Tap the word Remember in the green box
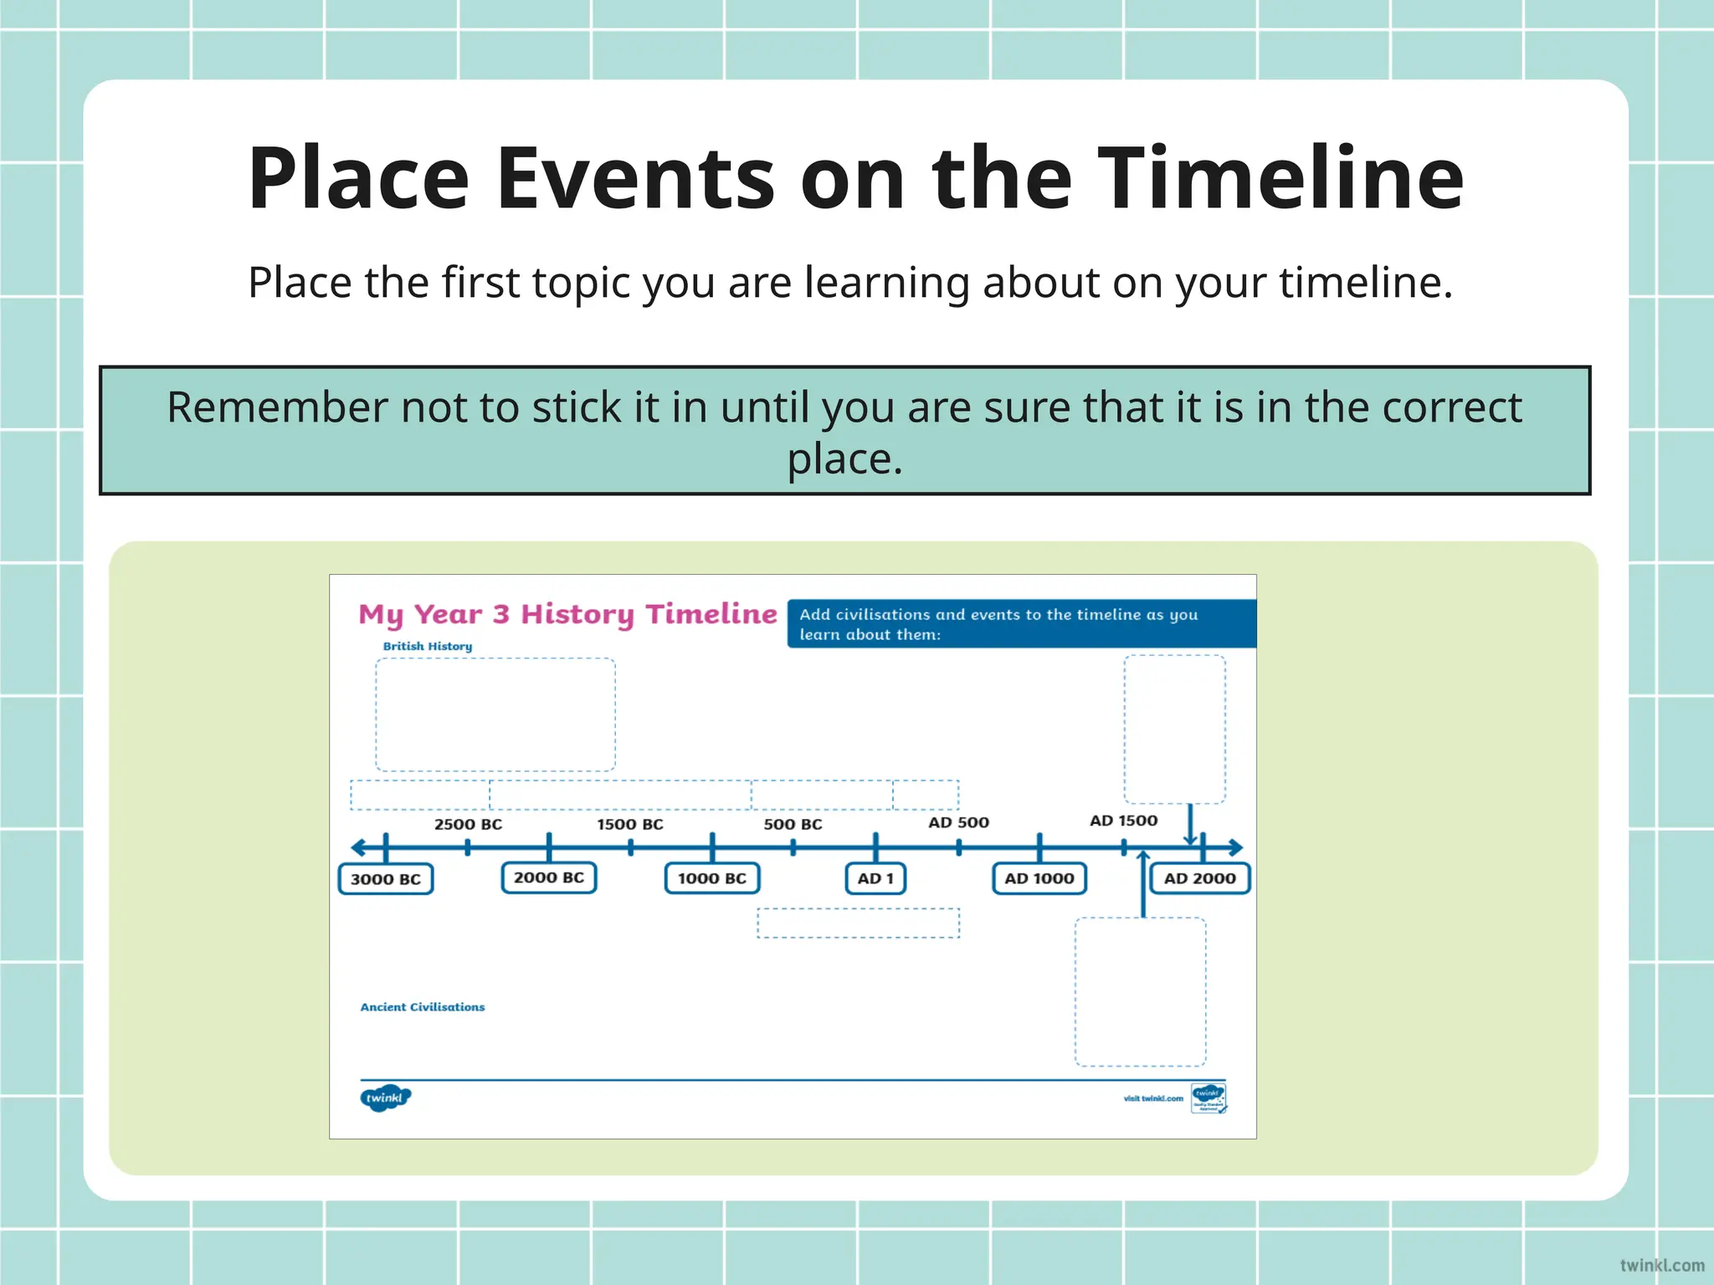277,407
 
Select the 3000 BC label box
386,879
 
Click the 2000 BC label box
549,878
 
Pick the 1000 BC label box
712,878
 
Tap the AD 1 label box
875,878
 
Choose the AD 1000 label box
1039,878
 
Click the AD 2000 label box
1199,878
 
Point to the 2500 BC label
468,824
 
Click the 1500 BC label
630,824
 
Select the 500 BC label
793,824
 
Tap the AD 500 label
958,822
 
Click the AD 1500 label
1123,821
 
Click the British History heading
428,646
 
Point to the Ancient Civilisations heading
423,1007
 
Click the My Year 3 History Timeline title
567,614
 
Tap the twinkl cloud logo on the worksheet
385,1098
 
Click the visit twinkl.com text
1153,1098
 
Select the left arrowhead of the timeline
358,847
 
